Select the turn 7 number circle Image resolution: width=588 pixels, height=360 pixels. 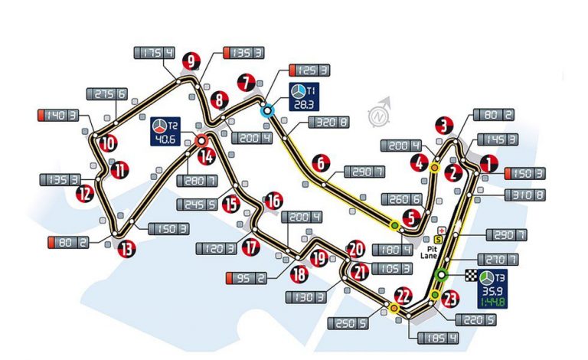[x=246, y=80]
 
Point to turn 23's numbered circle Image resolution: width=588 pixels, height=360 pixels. [x=450, y=299]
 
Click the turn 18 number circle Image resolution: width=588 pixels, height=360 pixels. [x=299, y=273]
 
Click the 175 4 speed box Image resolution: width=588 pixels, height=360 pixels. [x=154, y=53]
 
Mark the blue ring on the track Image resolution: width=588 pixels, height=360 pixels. [x=267, y=110]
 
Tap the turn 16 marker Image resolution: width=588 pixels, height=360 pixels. [x=273, y=201]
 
